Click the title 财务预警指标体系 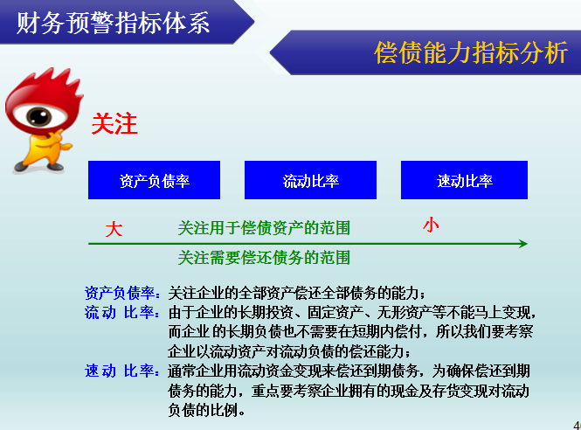[x=114, y=24]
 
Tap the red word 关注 [x=114, y=124]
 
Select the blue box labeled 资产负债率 [x=154, y=180]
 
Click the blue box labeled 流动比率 [x=310, y=180]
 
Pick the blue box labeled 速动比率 [x=465, y=180]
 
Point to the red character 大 [x=114, y=229]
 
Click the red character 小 [x=431, y=225]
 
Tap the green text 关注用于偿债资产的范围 [x=264, y=228]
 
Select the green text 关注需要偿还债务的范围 [x=264, y=257]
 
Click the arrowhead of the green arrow [x=522, y=244]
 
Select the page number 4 [x=576, y=422]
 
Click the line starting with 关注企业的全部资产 [x=297, y=293]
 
